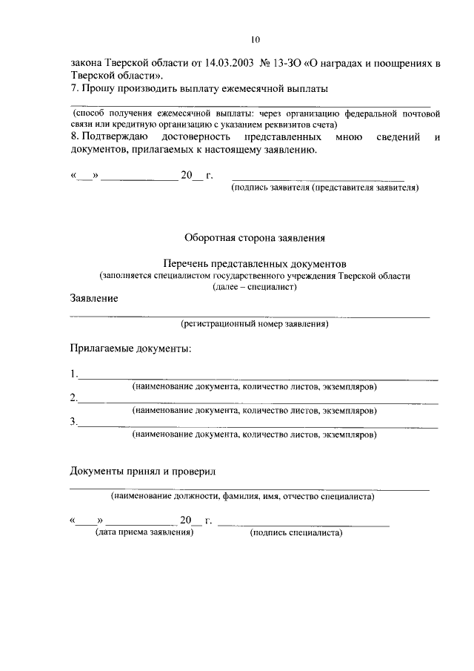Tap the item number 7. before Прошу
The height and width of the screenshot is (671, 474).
click(75, 89)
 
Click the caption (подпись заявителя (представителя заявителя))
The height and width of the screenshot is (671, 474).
click(325, 188)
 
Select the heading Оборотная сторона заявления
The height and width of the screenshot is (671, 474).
click(254, 238)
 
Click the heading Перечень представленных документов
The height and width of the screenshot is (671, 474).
click(254, 263)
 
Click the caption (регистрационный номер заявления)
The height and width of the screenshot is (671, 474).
click(254, 324)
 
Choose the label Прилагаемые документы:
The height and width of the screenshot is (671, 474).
click(131, 348)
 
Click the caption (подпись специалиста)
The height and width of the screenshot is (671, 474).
click(296, 532)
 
